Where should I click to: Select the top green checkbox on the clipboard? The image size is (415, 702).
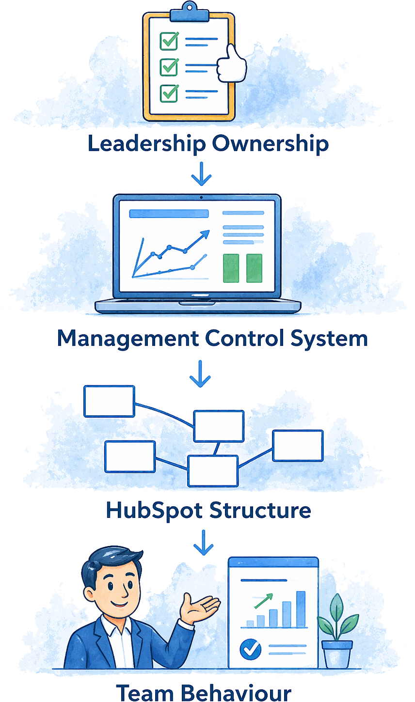pos(169,41)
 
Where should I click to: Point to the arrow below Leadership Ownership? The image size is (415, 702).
pos(201,176)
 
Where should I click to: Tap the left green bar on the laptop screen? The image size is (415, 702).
pos(231,267)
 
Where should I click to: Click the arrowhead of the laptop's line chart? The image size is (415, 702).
pos(205,234)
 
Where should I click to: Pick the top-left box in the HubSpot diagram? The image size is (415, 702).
pos(109,401)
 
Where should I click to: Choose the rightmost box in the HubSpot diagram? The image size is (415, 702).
pos(298,445)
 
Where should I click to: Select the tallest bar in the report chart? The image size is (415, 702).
pos(301,609)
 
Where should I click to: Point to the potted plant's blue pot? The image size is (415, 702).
pos(337,654)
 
